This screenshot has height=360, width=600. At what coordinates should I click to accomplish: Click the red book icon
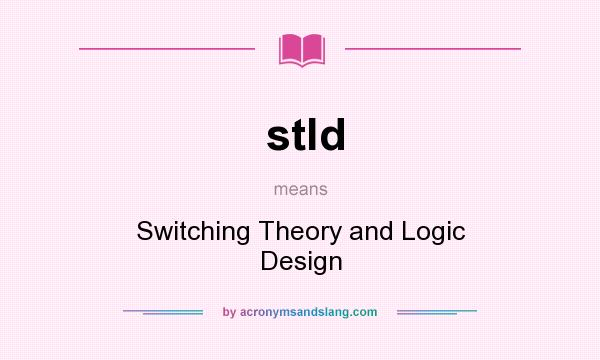[x=302, y=48]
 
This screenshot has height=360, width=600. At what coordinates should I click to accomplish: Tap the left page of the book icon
[x=291, y=48]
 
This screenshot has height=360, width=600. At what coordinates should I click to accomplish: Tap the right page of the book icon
[x=313, y=48]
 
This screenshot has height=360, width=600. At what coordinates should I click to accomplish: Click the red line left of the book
[x=167, y=48]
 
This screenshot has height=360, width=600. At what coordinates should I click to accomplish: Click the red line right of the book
[x=432, y=48]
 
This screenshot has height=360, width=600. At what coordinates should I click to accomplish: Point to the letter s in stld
[x=280, y=136]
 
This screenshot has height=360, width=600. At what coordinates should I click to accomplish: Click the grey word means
[x=301, y=188]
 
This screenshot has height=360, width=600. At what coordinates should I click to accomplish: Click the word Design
[x=301, y=262]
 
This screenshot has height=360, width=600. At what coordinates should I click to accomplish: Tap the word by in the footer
[x=229, y=312]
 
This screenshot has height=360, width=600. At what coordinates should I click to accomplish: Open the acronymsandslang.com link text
[x=308, y=312]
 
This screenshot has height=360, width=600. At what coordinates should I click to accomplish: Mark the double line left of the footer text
[x=163, y=312]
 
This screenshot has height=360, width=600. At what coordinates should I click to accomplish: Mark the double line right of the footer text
[x=437, y=312]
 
